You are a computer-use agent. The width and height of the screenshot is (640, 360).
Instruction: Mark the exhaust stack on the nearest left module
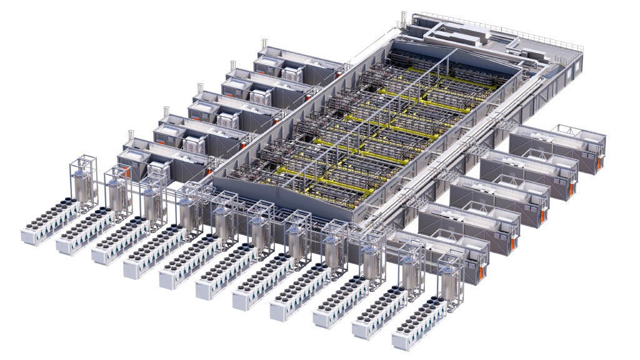pyautogui.click(x=131, y=136)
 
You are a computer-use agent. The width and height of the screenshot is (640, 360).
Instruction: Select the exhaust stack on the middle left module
pyautogui.click(x=199, y=88)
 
